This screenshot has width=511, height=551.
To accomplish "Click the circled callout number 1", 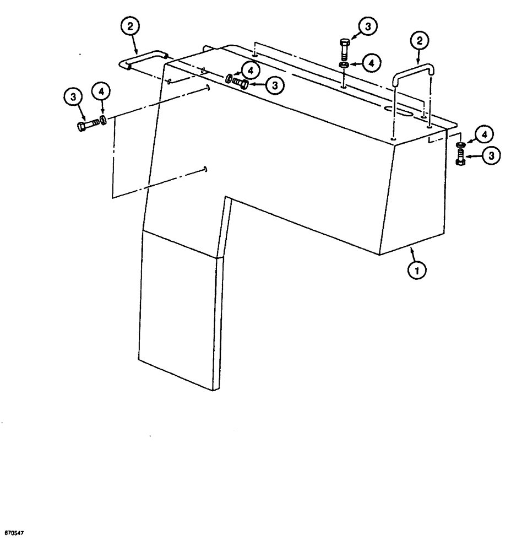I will coord(417,270).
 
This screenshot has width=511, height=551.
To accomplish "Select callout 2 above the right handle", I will coord(418,41).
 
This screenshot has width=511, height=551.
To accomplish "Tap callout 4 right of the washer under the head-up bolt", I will coord(371,63).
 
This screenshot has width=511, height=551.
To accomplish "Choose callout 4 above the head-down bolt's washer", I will coord(485,133).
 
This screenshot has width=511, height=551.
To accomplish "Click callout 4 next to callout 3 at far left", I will coord(101,92).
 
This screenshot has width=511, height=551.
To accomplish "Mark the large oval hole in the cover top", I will coord(405,112).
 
